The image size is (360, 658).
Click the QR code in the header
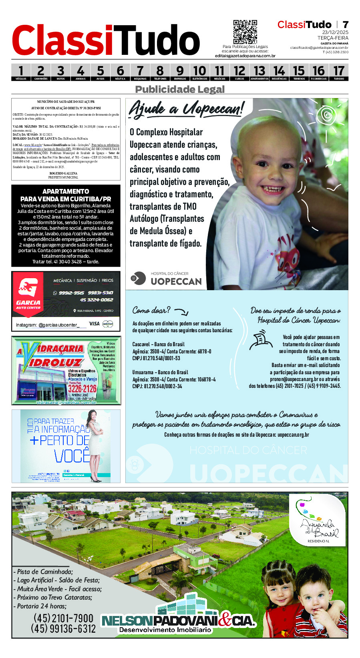(x=245, y=32)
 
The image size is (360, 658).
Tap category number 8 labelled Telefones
(x=160, y=72)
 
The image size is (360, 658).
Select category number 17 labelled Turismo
(x=338, y=72)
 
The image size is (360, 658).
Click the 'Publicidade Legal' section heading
(x=180, y=89)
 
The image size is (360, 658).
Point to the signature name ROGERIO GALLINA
(x=63, y=173)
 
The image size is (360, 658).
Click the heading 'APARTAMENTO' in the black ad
(x=66, y=191)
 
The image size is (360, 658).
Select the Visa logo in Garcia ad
(x=94, y=323)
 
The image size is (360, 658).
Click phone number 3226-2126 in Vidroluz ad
(x=82, y=389)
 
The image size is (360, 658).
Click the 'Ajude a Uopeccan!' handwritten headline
(x=185, y=108)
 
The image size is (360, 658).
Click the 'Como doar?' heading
(x=151, y=310)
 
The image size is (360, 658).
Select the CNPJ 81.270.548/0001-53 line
(x=156, y=358)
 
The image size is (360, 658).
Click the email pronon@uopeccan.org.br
(x=294, y=379)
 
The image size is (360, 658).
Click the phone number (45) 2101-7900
(x=63, y=618)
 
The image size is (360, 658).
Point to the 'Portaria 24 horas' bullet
(x=40, y=606)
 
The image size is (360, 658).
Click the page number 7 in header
(x=345, y=25)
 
